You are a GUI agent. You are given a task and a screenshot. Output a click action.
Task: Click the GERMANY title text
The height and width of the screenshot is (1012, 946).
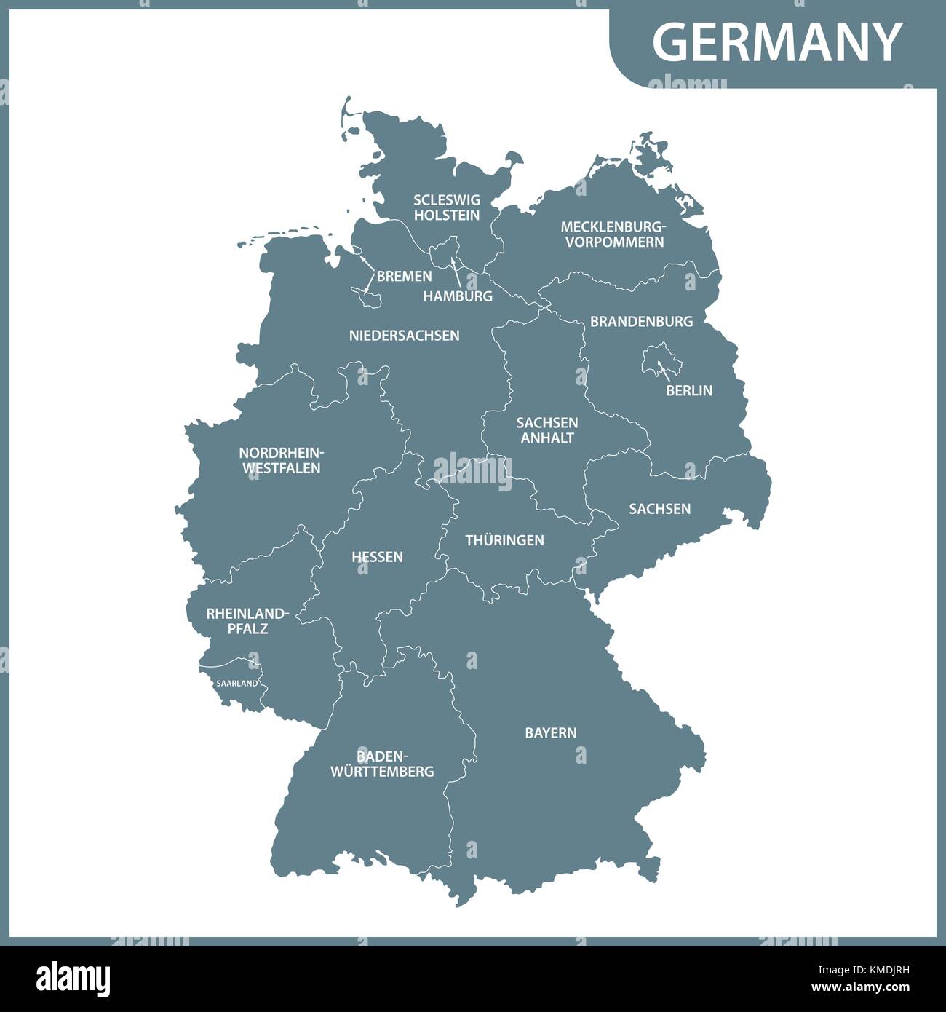(777, 41)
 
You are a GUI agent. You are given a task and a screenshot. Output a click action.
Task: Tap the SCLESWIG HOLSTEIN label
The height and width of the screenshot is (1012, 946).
(447, 207)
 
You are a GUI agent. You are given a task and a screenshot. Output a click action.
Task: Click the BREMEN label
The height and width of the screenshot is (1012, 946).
(404, 277)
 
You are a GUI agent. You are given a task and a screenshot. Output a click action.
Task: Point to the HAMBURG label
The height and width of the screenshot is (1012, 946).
(458, 296)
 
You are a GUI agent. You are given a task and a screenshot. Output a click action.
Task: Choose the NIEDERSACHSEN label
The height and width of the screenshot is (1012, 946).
(404, 336)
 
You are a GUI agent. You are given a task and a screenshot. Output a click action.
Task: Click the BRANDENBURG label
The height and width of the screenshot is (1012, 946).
(641, 321)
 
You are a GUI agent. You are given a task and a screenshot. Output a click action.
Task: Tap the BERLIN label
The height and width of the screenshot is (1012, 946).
(688, 391)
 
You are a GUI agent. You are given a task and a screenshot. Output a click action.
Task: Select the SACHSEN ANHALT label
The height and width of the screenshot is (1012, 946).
(547, 430)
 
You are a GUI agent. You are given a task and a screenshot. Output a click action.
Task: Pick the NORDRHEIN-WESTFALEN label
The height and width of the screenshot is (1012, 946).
(281, 461)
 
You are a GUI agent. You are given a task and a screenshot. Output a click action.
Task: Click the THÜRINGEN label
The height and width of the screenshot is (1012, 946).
(504, 540)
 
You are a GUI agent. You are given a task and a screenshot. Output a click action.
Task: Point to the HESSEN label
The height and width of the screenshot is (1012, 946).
(377, 557)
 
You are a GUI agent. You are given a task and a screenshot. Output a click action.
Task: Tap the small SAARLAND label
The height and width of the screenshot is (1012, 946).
(236, 684)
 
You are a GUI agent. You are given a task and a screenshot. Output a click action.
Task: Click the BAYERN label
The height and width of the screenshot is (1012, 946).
(550, 733)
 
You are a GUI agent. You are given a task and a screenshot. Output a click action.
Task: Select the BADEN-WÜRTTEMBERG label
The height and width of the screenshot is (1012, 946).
(382, 764)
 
